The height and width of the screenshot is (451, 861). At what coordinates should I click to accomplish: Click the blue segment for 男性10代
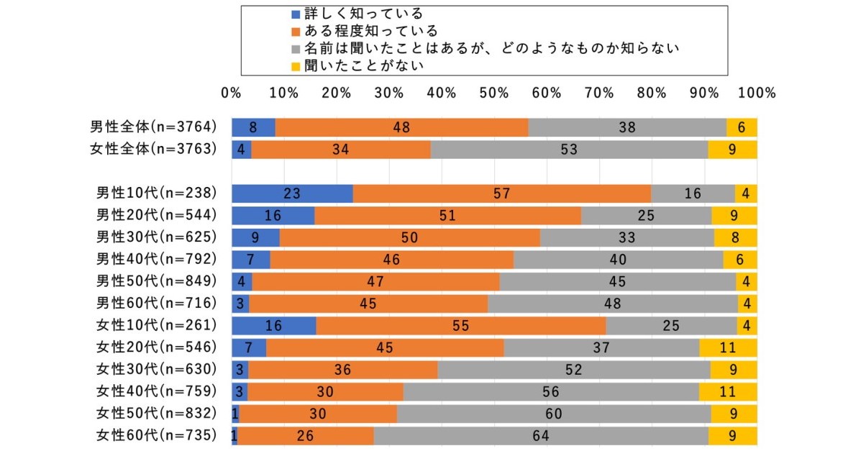click(x=292, y=193)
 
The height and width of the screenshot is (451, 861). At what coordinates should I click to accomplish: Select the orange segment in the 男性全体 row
click(x=401, y=127)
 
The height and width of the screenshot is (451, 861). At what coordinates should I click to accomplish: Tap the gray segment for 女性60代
click(x=540, y=435)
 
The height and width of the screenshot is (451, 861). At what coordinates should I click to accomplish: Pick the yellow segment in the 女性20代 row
click(x=728, y=347)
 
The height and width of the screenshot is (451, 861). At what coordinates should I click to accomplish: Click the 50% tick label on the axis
click(x=494, y=94)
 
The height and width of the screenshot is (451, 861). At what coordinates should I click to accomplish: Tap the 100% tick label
click(x=757, y=94)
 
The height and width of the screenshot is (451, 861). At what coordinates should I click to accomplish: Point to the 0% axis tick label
click(x=232, y=94)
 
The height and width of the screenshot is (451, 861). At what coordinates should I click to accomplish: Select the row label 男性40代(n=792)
click(x=156, y=260)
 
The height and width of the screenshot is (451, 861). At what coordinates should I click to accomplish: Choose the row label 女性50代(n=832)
click(x=156, y=413)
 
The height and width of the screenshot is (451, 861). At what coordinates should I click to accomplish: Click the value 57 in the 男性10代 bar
click(x=501, y=193)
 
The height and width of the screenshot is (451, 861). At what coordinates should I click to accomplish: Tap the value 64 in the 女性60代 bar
click(x=540, y=435)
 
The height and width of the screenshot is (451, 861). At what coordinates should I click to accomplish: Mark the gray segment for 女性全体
click(x=569, y=149)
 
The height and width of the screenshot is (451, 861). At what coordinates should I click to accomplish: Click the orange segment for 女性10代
click(x=461, y=325)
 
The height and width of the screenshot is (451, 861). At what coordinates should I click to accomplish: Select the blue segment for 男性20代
click(x=273, y=216)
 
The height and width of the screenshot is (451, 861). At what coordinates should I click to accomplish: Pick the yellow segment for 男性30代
click(x=735, y=237)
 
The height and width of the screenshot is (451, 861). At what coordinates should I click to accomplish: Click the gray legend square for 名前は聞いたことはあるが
click(x=295, y=48)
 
